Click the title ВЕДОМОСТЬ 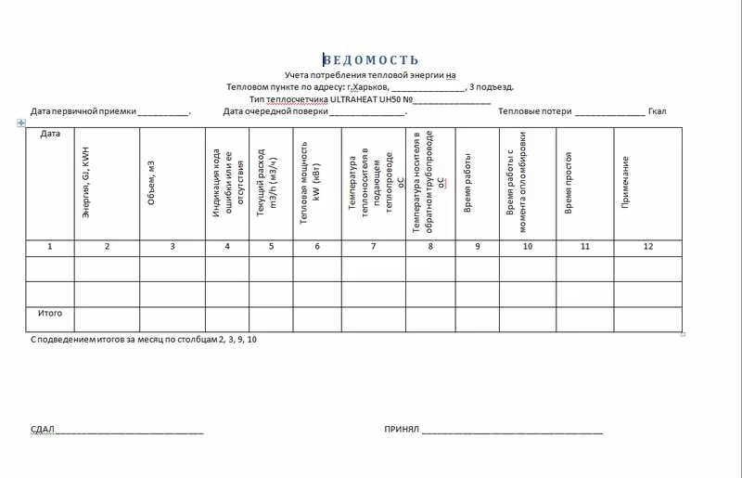click(371, 60)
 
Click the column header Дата click(50, 134)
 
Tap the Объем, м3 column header click(151, 182)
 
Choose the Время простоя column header click(568, 183)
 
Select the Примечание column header click(626, 181)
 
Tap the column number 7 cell click(373, 246)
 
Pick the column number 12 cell click(647, 246)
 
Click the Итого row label click(50, 314)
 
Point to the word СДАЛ click(42, 431)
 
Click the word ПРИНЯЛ click(402, 431)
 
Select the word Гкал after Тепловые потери click(657, 111)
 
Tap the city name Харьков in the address click(367, 87)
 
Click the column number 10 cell click(527, 246)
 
